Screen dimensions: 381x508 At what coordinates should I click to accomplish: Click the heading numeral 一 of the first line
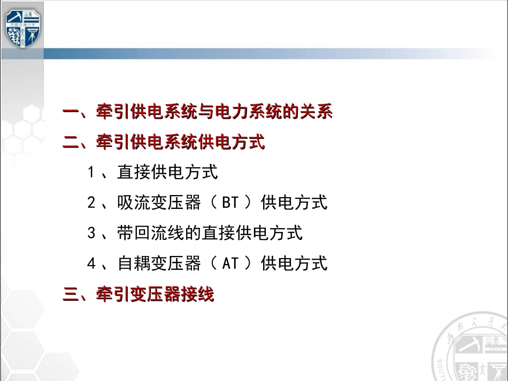click(71, 113)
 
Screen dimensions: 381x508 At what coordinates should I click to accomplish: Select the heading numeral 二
click(71, 143)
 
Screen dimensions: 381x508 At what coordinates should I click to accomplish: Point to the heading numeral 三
click(71, 294)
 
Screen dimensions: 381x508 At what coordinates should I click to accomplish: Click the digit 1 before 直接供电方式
click(91, 173)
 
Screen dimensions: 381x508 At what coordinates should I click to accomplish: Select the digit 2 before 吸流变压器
click(91, 203)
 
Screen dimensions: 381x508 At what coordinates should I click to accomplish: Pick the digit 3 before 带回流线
click(91, 233)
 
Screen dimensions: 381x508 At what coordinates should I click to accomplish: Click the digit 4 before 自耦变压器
click(91, 263)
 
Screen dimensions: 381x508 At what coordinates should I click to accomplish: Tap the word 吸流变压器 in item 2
click(159, 203)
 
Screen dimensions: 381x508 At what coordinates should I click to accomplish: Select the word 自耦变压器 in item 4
click(159, 263)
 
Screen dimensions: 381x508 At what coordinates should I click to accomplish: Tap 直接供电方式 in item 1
click(167, 173)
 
